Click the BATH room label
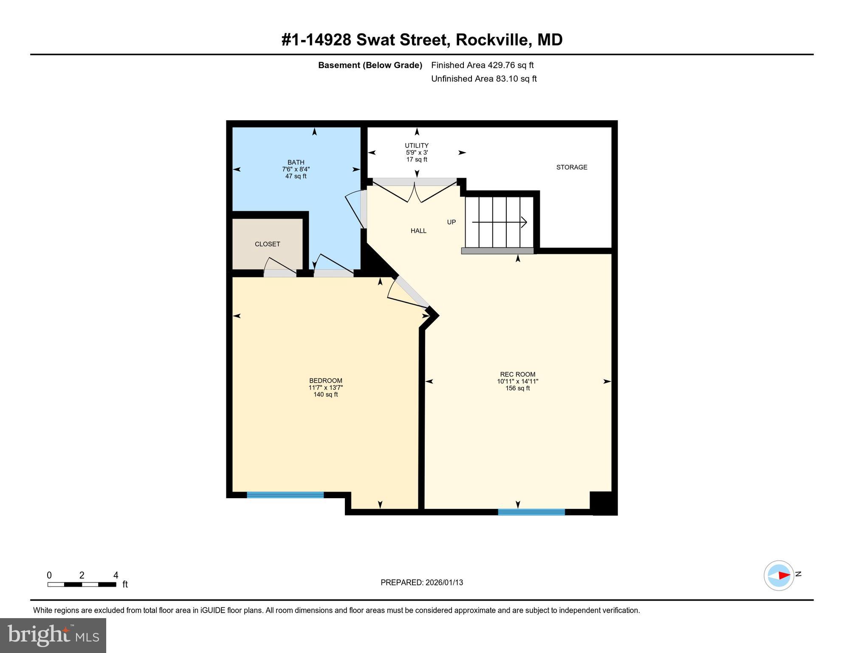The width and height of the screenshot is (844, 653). tap(296, 162)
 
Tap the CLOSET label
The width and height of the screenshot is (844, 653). tap(267, 244)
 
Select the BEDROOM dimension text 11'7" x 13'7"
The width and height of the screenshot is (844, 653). tap(325, 388)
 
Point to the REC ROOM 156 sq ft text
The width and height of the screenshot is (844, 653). tap(517, 388)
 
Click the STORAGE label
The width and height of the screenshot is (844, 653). tap(572, 168)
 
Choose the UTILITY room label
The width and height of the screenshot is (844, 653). tap(416, 145)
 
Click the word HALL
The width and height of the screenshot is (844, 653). tap(418, 231)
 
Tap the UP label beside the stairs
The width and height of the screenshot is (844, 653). tap(451, 222)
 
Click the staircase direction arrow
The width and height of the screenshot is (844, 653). tap(500, 222)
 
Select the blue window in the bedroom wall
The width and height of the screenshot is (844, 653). tap(285, 495)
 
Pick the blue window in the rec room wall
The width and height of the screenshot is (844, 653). tap(531, 512)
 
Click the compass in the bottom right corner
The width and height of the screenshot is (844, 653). tap(779, 576)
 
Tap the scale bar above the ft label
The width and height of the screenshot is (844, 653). tap(82, 585)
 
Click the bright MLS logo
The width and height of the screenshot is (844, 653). tap(53, 636)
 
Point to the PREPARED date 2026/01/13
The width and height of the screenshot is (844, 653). tap(421, 582)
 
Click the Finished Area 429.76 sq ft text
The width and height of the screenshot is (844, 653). tap(482, 65)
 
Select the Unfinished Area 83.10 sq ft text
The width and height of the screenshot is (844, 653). tap(484, 79)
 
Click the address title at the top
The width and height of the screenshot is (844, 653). tap(422, 40)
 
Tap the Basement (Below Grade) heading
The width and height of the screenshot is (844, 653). tap(370, 65)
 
